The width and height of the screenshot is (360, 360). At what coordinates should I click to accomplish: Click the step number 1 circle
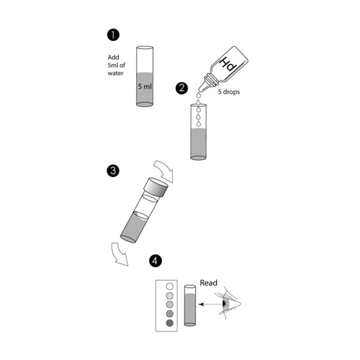[113, 35]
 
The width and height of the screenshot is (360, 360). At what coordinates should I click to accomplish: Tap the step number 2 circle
[182, 88]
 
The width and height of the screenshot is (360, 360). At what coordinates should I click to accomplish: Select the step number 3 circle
[113, 171]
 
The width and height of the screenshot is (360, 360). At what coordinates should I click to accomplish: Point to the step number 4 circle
[155, 261]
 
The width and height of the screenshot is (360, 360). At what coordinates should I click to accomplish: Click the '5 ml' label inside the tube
[145, 86]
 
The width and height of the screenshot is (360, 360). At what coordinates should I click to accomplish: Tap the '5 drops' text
[229, 92]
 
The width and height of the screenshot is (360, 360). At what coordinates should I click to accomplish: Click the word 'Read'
[208, 283]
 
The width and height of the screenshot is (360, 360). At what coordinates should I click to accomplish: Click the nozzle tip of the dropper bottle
[199, 90]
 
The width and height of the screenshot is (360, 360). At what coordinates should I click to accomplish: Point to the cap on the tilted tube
[155, 187]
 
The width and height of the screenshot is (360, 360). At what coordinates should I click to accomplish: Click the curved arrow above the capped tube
[163, 171]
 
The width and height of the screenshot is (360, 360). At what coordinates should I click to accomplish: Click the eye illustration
[229, 303]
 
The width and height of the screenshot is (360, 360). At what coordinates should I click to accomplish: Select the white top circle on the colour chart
[170, 287]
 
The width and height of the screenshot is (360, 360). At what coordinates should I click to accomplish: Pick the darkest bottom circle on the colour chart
[170, 323]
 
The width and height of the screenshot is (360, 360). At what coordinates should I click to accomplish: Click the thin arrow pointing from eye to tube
[210, 304]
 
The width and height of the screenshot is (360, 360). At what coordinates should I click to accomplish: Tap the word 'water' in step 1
[115, 73]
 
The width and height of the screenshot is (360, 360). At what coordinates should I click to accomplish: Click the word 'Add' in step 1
[113, 57]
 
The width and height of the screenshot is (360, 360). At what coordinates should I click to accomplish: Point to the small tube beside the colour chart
[190, 305]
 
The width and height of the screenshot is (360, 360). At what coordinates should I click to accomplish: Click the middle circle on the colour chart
[170, 305]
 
